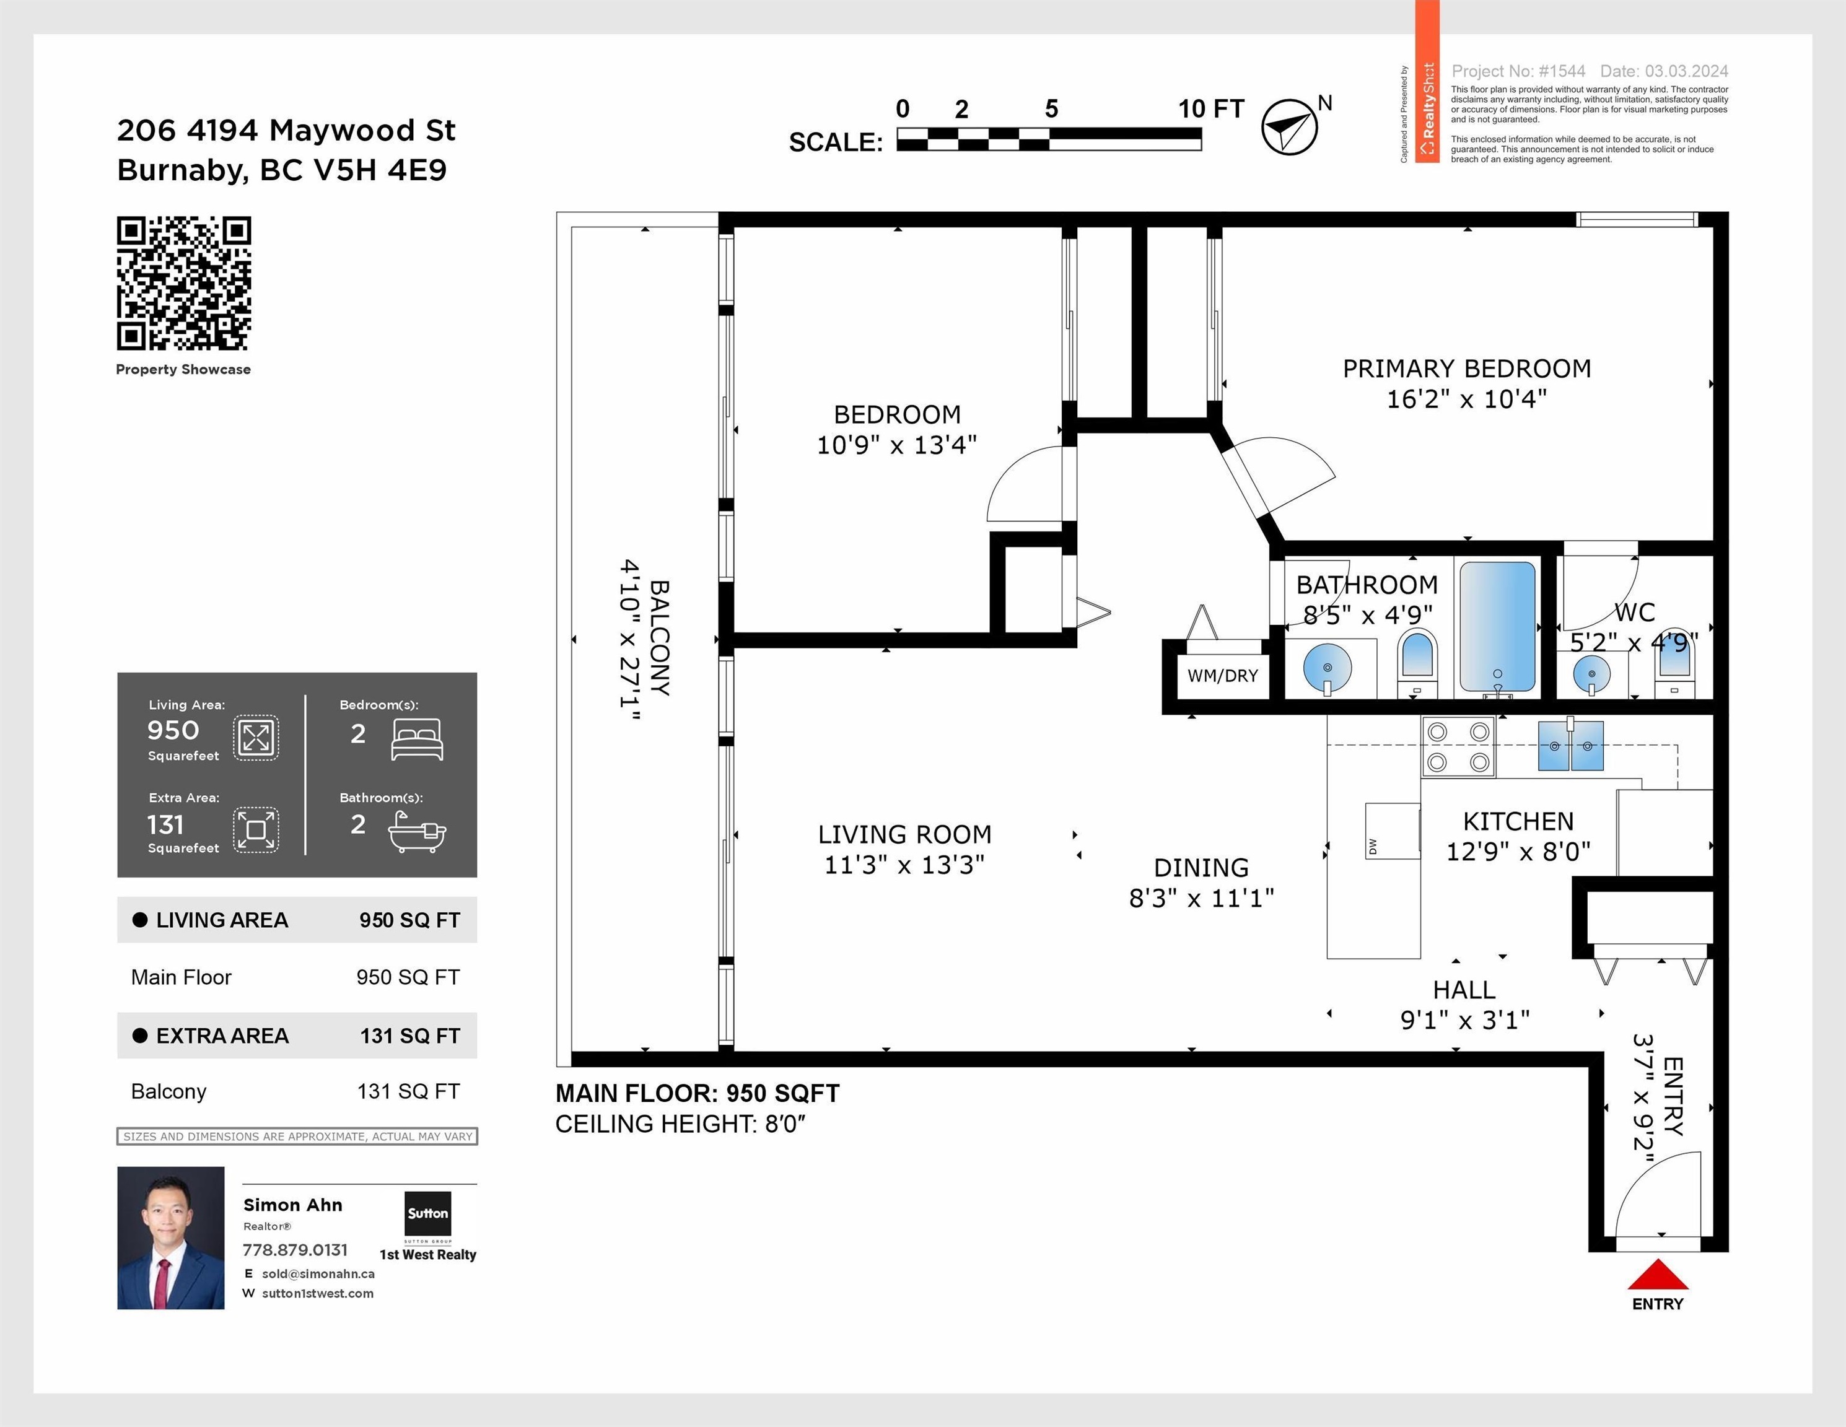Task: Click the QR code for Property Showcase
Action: click(183, 283)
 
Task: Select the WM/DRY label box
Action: click(1222, 676)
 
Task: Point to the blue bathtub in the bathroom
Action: click(1497, 629)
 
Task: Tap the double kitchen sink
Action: click(1570, 745)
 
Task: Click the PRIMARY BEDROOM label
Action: click(1466, 369)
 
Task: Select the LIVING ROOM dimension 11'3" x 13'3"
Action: click(904, 864)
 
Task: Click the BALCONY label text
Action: click(659, 638)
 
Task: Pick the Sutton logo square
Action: click(427, 1213)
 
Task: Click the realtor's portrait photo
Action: click(171, 1237)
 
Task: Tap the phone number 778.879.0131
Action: click(295, 1250)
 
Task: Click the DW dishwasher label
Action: click(1373, 845)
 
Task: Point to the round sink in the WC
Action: click(1591, 673)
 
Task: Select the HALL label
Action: click(1464, 989)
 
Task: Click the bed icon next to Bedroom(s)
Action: click(418, 740)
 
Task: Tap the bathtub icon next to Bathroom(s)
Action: click(418, 832)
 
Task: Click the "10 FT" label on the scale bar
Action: click(1211, 109)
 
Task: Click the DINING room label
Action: click(1201, 868)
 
